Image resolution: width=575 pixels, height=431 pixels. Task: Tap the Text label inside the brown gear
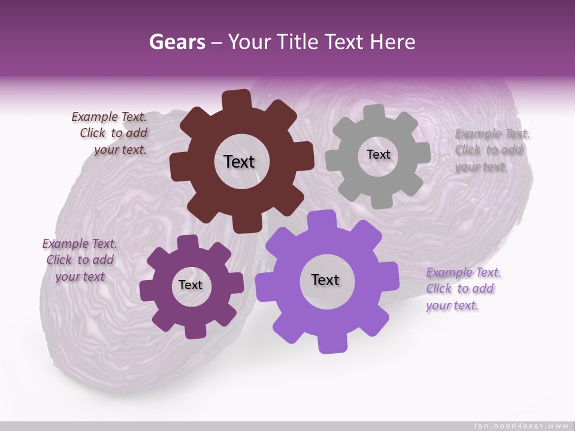pyautogui.click(x=239, y=162)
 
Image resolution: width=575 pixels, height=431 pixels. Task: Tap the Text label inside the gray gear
pyautogui.click(x=378, y=154)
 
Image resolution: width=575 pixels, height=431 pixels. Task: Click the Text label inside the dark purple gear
pyautogui.click(x=190, y=286)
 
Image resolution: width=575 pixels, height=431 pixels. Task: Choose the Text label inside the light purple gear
pyautogui.click(x=325, y=280)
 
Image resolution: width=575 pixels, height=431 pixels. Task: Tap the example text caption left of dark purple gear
pyautogui.click(x=80, y=260)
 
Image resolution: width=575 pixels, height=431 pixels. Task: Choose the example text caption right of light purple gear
pyautogui.click(x=462, y=289)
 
